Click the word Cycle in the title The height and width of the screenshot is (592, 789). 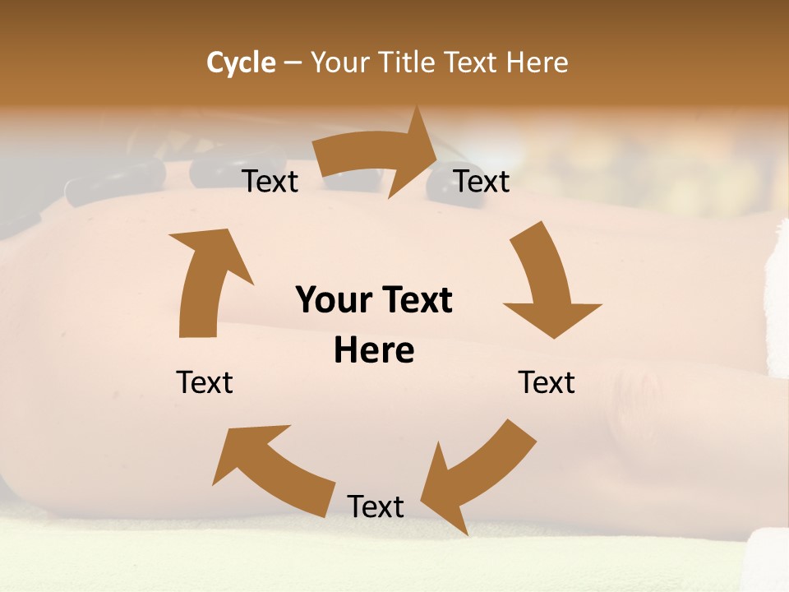pyautogui.click(x=241, y=62)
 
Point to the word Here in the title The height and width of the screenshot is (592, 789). pyautogui.click(x=536, y=62)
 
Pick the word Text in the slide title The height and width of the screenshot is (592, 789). pyautogui.click(x=471, y=62)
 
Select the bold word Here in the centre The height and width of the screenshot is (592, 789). pyautogui.click(x=374, y=351)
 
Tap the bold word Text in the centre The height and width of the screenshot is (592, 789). pyautogui.click(x=414, y=301)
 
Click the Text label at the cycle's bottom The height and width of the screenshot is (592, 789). pyautogui.click(x=376, y=506)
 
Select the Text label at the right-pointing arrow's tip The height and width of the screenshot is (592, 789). pyautogui.click(x=482, y=181)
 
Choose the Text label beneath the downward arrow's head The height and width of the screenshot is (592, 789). pyautogui.click(x=547, y=382)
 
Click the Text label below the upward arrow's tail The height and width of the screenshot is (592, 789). pyautogui.click(x=205, y=382)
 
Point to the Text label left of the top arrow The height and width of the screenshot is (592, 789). pyautogui.click(x=270, y=181)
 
